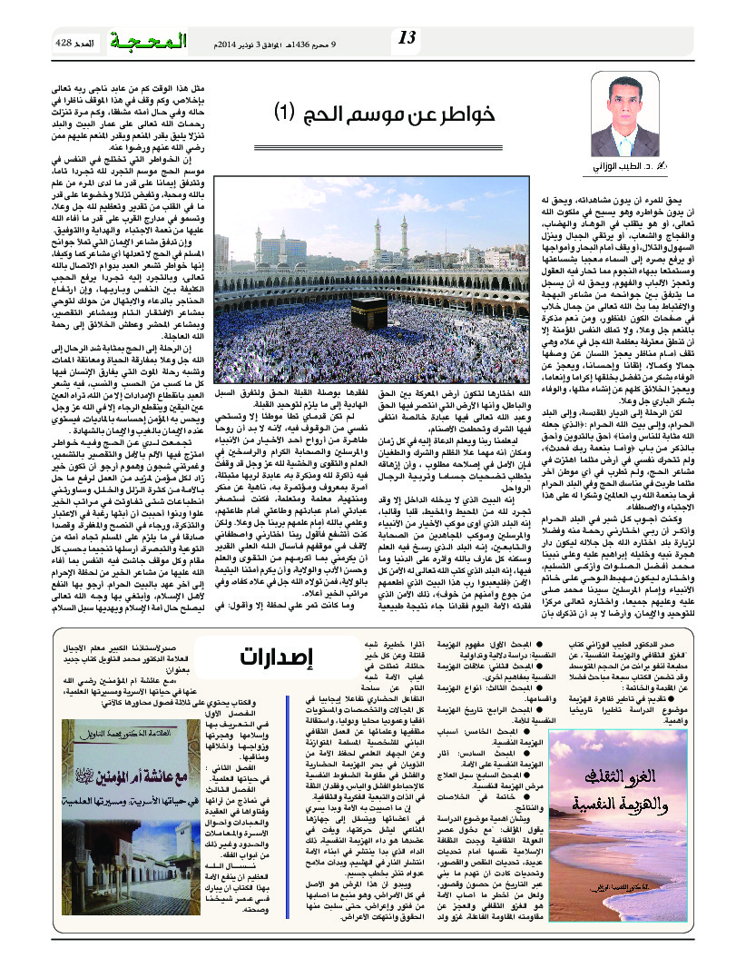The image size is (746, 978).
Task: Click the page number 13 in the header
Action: (407, 37)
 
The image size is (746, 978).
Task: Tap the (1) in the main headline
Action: (287, 113)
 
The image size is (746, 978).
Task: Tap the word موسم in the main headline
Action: (382, 113)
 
